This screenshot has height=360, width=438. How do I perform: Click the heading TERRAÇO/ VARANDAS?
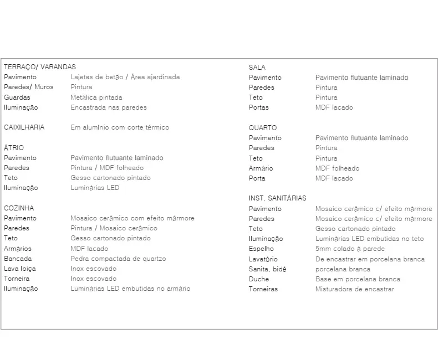coord(39,67)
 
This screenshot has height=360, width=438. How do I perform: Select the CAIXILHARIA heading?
coord(24,127)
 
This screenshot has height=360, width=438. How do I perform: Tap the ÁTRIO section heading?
coord(14,148)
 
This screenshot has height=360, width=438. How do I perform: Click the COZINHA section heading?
coord(19,208)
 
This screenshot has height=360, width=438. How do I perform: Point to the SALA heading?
coord(257,68)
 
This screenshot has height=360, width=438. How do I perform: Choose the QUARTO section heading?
coord(263,128)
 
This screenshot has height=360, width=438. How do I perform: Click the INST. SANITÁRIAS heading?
coord(277,198)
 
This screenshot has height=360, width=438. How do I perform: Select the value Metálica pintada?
coord(96,97)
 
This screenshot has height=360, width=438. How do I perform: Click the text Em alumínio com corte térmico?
coord(120,127)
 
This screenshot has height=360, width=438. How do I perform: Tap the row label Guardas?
coord(17,97)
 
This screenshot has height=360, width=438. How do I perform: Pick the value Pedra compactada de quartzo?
coord(118,259)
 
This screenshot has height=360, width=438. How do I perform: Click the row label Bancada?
coord(18,259)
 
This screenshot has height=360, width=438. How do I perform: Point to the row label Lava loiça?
coord(20,269)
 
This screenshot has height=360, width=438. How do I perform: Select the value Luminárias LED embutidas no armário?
coord(130,289)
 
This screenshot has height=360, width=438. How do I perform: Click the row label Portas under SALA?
coord(258,107)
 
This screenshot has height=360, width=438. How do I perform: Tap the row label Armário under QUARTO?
coord(261,168)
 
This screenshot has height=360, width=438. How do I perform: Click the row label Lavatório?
coord(263,259)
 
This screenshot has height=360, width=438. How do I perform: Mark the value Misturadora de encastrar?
coord(355,289)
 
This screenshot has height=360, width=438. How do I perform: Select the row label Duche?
coord(259,279)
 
